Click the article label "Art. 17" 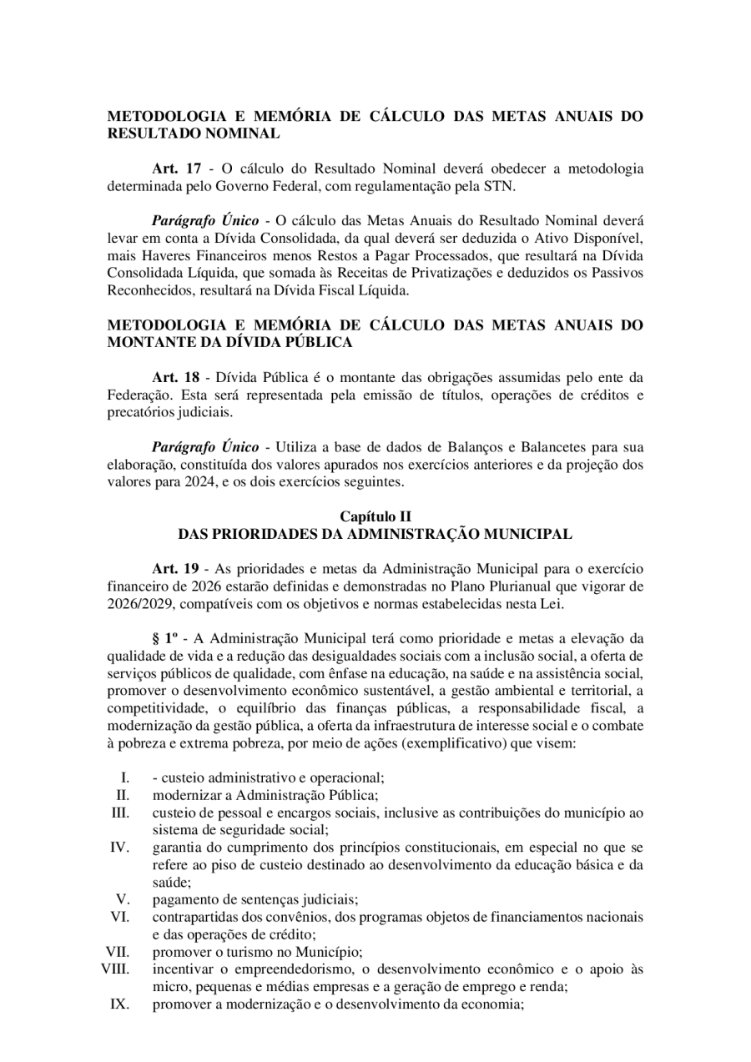pos(176,169)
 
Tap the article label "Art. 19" pos(176,569)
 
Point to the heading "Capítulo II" pos(375,516)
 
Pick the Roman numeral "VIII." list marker pos(115,969)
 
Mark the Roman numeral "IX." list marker pos(119,1004)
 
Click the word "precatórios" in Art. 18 pos(140,411)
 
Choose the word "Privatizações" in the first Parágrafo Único pos(473,273)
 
